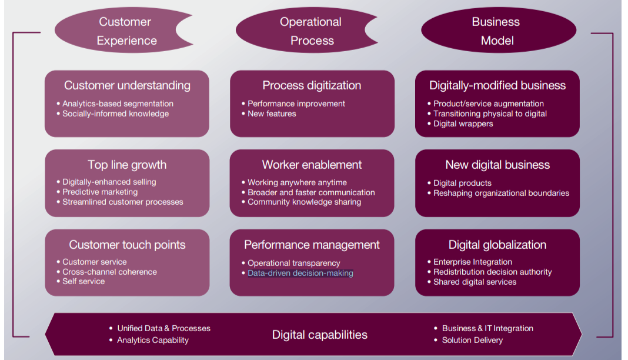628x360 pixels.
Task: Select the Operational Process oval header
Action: (311, 31)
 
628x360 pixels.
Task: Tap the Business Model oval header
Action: (497, 31)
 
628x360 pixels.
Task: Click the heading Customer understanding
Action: (127, 85)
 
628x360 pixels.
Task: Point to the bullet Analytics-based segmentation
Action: (118, 104)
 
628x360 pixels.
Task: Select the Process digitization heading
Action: (312, 85)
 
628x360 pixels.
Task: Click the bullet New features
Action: (272, 114)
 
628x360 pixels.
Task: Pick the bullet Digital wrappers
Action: (463, 124)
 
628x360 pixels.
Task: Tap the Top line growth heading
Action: (127, 165)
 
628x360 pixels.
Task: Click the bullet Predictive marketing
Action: (100, 192)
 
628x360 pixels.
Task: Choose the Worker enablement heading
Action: (312, 165)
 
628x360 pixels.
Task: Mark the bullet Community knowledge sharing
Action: (304, 202)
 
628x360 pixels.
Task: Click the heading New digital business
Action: (497, 165)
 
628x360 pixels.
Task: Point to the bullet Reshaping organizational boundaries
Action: (501, 193)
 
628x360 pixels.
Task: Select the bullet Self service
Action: (83, 281)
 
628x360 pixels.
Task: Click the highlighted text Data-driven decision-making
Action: (300, 273)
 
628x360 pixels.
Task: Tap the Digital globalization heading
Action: (497, 245)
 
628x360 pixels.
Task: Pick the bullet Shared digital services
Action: (475, 282)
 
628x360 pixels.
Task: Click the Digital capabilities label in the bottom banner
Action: (319, 335)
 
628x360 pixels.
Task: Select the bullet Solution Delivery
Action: (472, 340)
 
